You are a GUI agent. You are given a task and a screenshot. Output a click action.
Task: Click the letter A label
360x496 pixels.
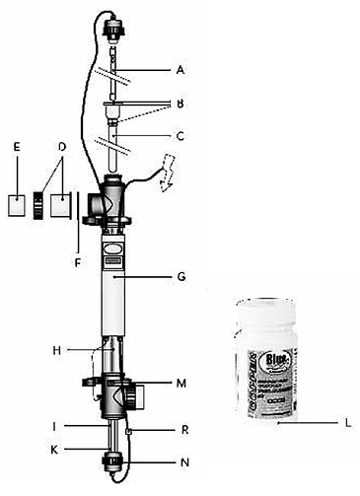(x=180, y=70)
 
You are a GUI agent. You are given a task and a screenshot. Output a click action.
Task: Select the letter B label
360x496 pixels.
(x=179, y=102)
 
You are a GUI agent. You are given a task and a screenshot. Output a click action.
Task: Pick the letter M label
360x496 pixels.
(x=179, y=383)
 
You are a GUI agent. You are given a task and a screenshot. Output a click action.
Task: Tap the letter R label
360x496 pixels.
(x=179, y=431)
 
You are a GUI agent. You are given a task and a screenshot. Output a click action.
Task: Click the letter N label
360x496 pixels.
(x=179, y=461)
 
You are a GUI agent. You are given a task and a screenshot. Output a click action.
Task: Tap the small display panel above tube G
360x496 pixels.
(x=111, y=253)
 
